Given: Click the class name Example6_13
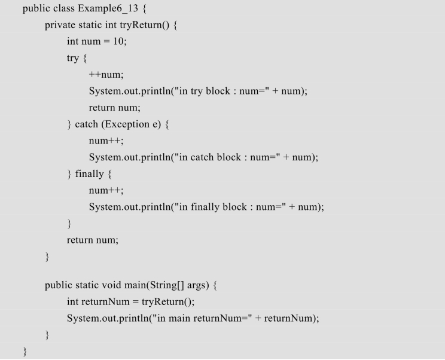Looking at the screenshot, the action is (x=108, y=8).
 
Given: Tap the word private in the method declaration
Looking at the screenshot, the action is (x=60, y=25).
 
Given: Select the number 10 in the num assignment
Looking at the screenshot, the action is (x=118, y=41).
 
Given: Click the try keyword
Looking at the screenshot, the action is (x=72, y=58).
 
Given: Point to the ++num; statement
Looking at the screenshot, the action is (x=106, y=75).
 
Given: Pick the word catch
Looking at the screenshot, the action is (x=86, y=124).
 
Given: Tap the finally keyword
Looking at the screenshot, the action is (x=89, y=174).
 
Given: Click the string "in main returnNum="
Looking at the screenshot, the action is (x=202, y=318).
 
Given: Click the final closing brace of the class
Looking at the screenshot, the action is (x=25, y=352).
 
